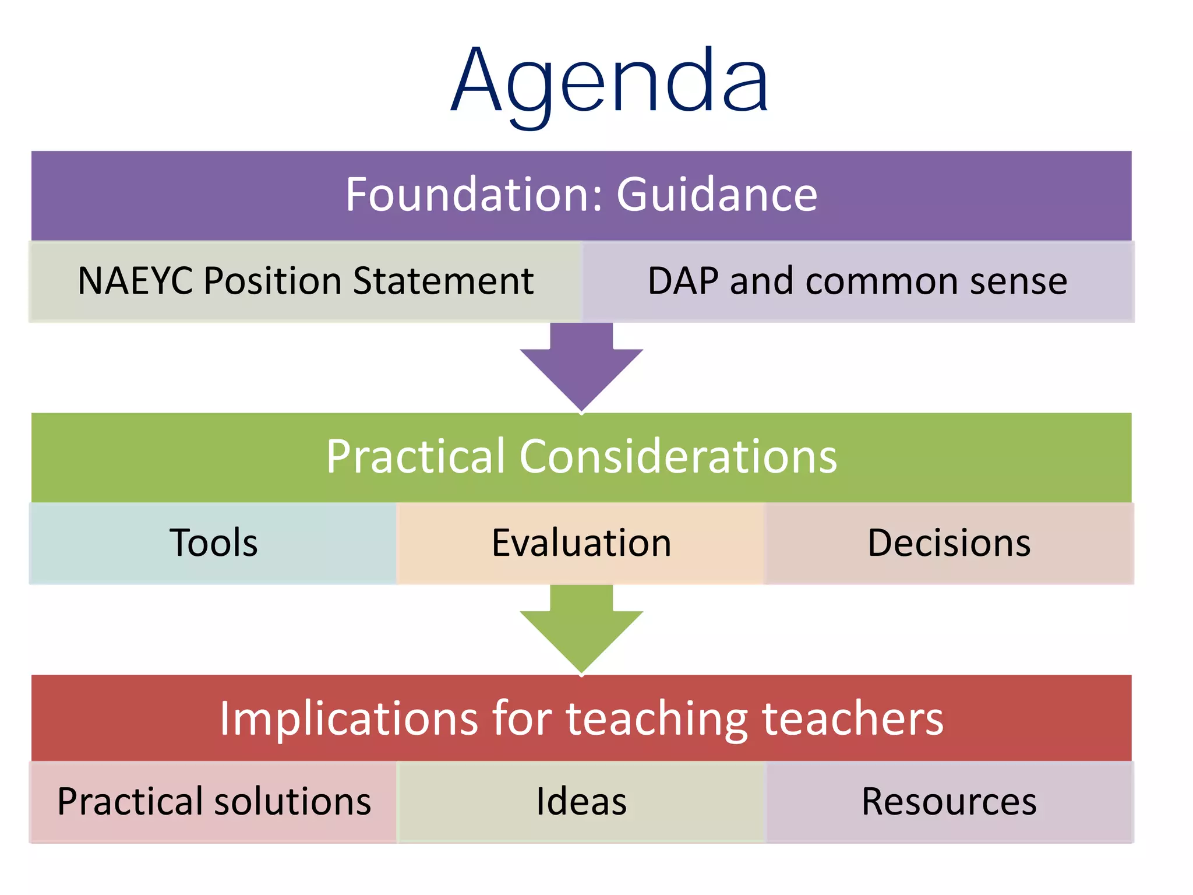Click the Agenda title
pos(609,82)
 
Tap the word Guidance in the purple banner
pos(716,195)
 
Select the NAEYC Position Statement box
pos(305,281)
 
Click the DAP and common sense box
pos(857,281)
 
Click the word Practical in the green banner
pos(415,456)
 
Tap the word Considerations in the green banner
pos(678,456)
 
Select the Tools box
pos(213,543)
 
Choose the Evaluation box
pos(581,543)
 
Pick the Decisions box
pos(949,543)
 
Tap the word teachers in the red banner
pos(853,718)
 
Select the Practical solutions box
pos(213,802)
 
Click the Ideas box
pos(581,802)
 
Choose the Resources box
pos(949,802)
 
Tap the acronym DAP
pos(683,281)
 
